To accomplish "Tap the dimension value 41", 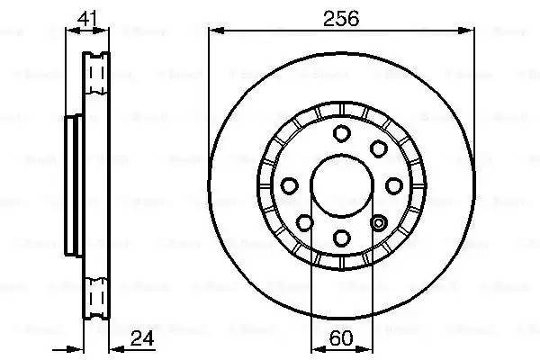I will pos(87,17).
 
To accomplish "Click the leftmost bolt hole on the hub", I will pos(290,186).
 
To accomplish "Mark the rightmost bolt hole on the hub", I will pos(393,186).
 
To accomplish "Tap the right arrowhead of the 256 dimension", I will pos(469,31).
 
